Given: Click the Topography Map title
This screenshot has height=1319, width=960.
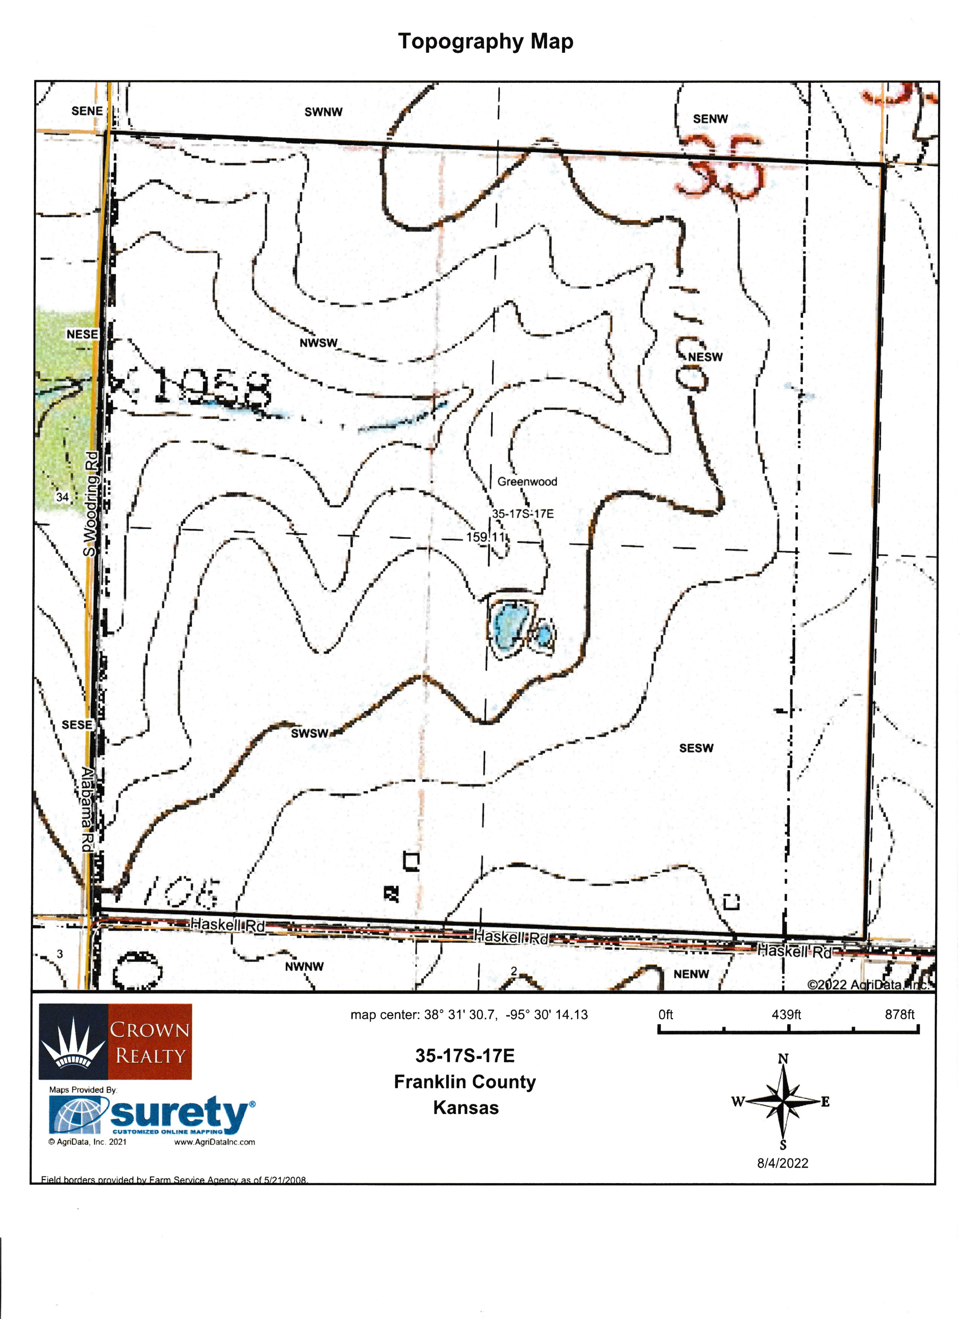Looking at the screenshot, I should pos(486,41).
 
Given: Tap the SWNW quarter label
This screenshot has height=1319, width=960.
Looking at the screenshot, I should pos(323,112).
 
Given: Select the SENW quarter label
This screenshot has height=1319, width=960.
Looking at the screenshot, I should pos(710,119).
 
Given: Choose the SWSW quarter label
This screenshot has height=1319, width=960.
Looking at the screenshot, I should pos(309,733).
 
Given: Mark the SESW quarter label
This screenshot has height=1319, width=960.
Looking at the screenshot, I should pos(696,748).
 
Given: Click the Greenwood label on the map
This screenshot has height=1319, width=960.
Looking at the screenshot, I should pos(527,481).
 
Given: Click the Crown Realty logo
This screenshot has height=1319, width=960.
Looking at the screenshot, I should pos(115,1042).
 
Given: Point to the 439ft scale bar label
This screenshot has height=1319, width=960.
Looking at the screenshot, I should pos(786,1014).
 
